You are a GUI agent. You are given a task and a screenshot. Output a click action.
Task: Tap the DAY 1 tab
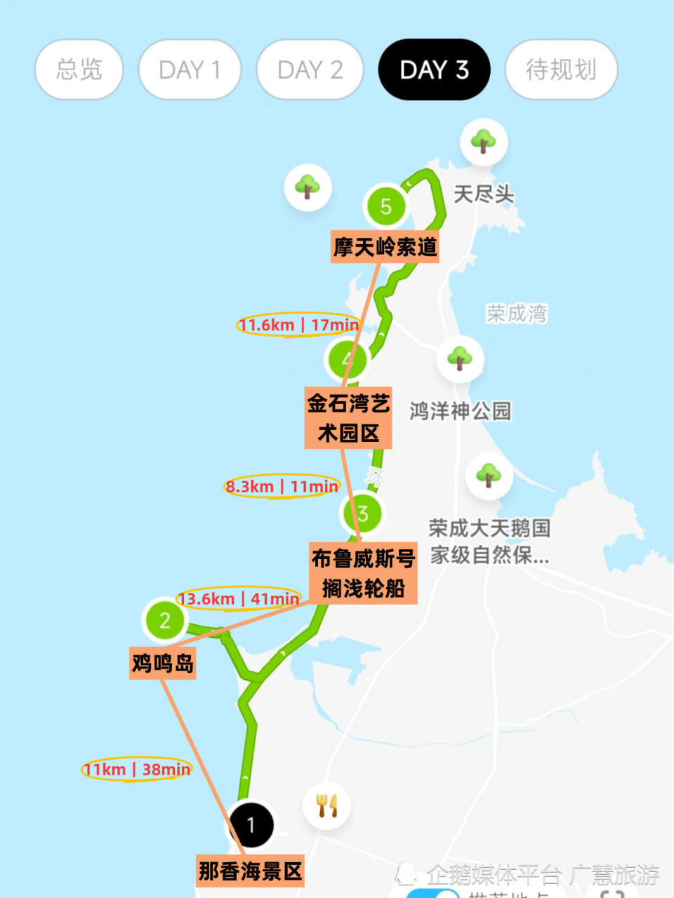coord(190,69)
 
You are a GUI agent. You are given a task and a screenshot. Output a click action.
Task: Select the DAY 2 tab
coord(310,69)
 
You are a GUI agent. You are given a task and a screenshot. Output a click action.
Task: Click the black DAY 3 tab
coord(434,69)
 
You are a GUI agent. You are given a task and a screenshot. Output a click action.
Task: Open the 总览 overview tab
coord(79,69)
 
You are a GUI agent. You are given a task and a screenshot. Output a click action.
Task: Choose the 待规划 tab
coord(561,69)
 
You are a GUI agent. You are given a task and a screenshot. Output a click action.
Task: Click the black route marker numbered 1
coord(251,825)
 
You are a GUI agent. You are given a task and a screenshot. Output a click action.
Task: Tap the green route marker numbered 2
coord(165,620)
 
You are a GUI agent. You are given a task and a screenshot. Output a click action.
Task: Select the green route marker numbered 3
coord(363,513)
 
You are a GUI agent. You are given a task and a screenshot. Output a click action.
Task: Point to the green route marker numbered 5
coord(385,206)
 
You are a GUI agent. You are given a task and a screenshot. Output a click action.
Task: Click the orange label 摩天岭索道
coord(385,247)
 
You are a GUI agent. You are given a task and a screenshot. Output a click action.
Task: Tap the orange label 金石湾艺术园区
coord(348,418)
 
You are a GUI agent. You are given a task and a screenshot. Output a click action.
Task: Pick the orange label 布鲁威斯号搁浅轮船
coord(363,573)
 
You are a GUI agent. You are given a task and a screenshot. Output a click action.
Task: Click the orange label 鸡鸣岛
coord(163,662)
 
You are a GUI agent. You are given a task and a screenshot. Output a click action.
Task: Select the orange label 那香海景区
coord(250,871)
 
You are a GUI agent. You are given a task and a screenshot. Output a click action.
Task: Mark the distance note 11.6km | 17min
coord(298,325)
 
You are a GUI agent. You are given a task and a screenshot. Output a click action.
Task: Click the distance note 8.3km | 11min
coord(282,486)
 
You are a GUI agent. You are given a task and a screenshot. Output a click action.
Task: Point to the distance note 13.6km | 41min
coord(239,598)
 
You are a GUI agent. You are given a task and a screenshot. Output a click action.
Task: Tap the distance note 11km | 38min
coord(137,770)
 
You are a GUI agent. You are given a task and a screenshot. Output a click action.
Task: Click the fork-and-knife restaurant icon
coord(327,805)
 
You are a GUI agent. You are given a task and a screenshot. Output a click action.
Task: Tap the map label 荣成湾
coord(517,313)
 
